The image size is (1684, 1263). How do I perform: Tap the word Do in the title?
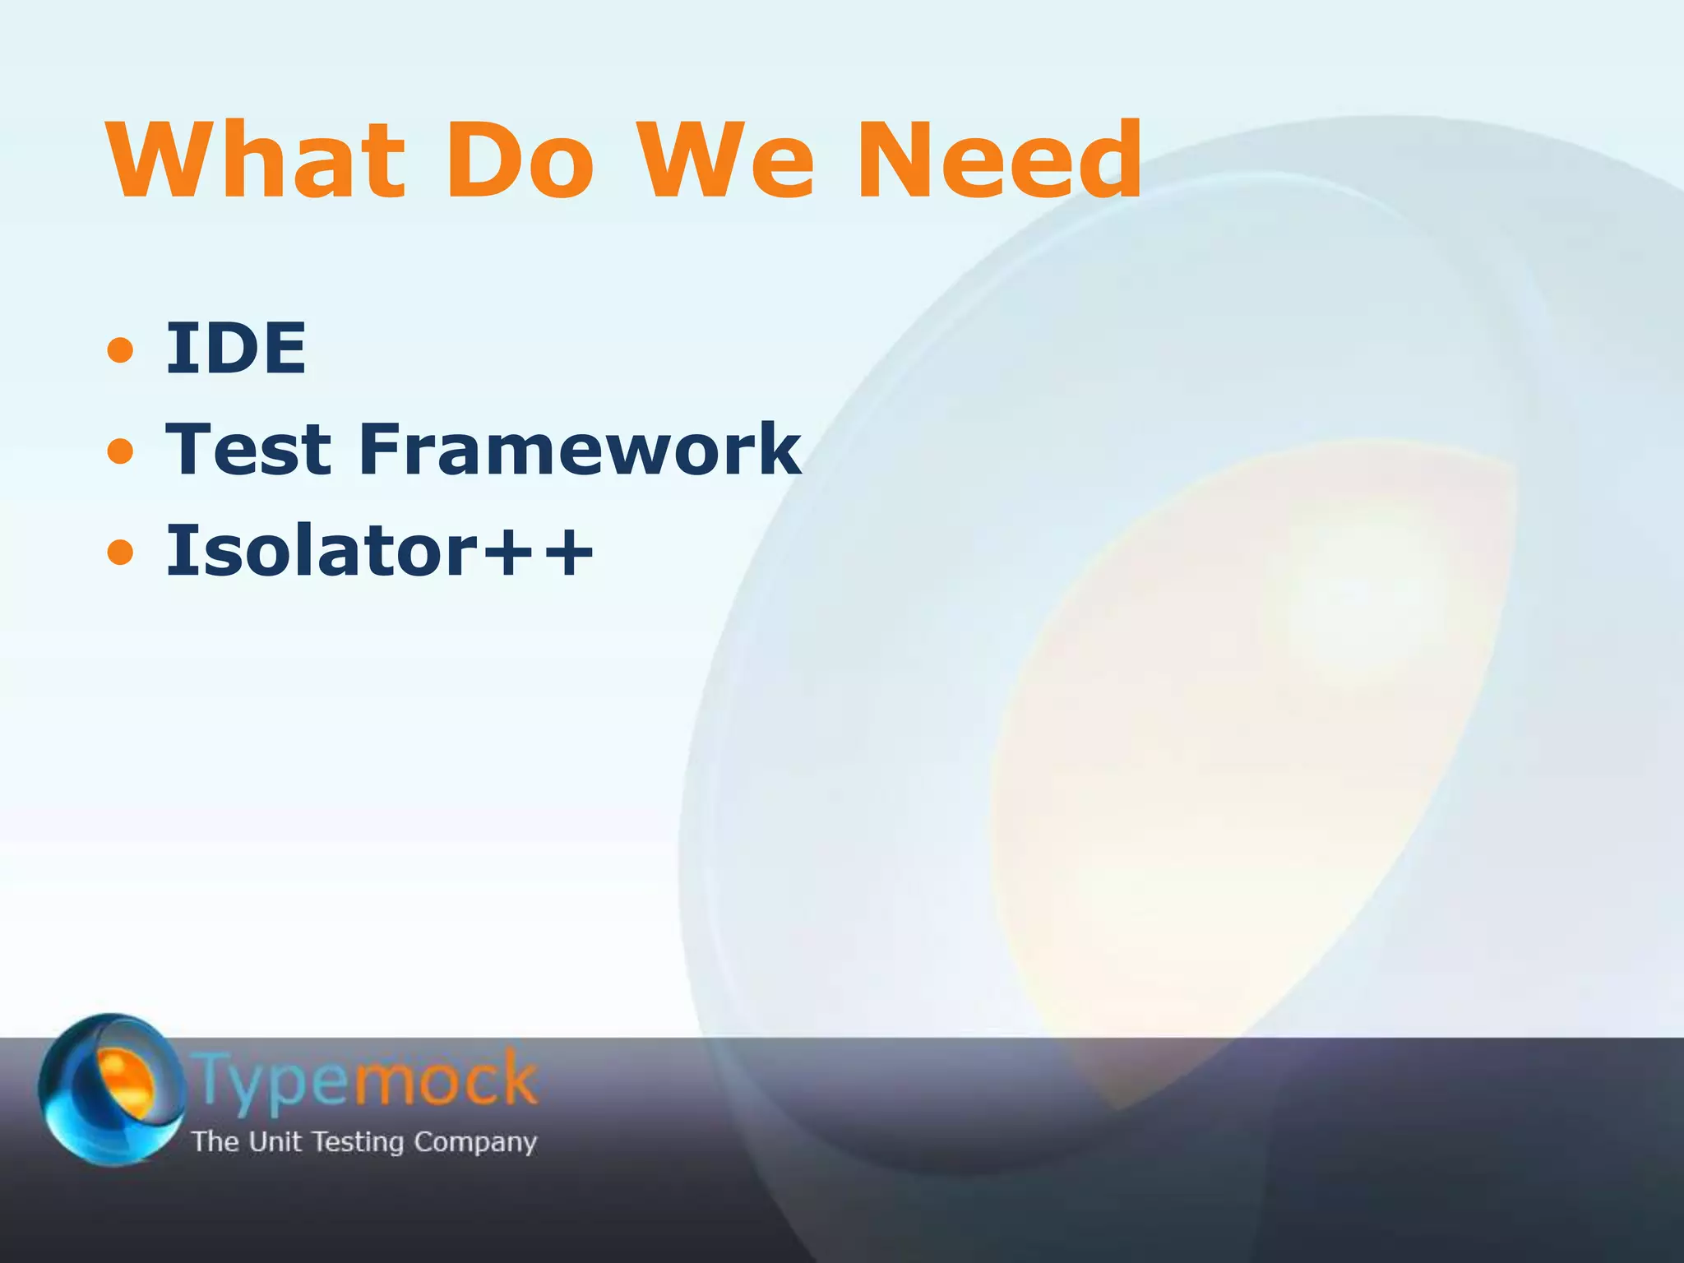[x=519, y=160]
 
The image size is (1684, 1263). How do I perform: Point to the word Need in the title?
[x=999, y=160]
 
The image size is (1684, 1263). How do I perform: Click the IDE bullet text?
[x=236, y=348]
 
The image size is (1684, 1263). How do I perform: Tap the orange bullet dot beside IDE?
[x=120, y=350]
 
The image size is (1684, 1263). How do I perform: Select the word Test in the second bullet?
[x=248, y=449]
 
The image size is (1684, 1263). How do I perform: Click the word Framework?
[x=581, y=449]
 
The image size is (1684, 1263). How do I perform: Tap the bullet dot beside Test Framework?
[x=120, y=451]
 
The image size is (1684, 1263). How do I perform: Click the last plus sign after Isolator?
[x=567, y=553]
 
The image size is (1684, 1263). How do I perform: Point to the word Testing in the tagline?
[x=359, y=1142]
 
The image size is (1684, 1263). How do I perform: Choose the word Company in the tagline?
[x=474, y=1142]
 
